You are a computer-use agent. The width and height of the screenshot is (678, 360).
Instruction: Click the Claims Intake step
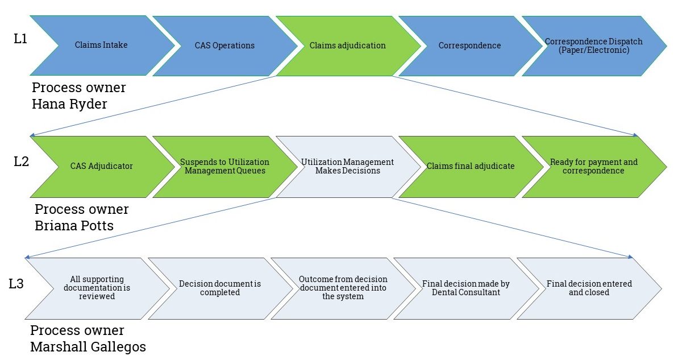pos(101,45)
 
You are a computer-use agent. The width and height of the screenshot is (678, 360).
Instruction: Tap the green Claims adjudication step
pos(348,45)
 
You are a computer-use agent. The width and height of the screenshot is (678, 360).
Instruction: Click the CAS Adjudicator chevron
pos(101,166)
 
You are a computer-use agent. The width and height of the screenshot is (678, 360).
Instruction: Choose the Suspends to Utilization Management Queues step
pos(224,166)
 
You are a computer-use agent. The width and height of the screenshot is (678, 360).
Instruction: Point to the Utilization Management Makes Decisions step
pos(348,166)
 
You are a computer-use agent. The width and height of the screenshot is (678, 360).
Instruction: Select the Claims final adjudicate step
pos(471,166)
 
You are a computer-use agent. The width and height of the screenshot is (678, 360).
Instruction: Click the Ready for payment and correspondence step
pos(593,166)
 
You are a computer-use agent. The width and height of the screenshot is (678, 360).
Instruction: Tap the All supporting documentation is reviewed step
pos(93,288)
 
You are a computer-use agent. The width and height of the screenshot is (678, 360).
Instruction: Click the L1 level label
pos(20,39)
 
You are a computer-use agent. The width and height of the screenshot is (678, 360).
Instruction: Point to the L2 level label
pos(22,162)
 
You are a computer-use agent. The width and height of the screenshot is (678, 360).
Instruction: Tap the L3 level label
pos(17,284)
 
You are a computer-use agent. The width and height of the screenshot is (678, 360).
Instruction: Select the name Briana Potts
pos(74,225)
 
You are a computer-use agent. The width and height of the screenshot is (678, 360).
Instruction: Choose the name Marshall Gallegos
pos(88,346)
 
